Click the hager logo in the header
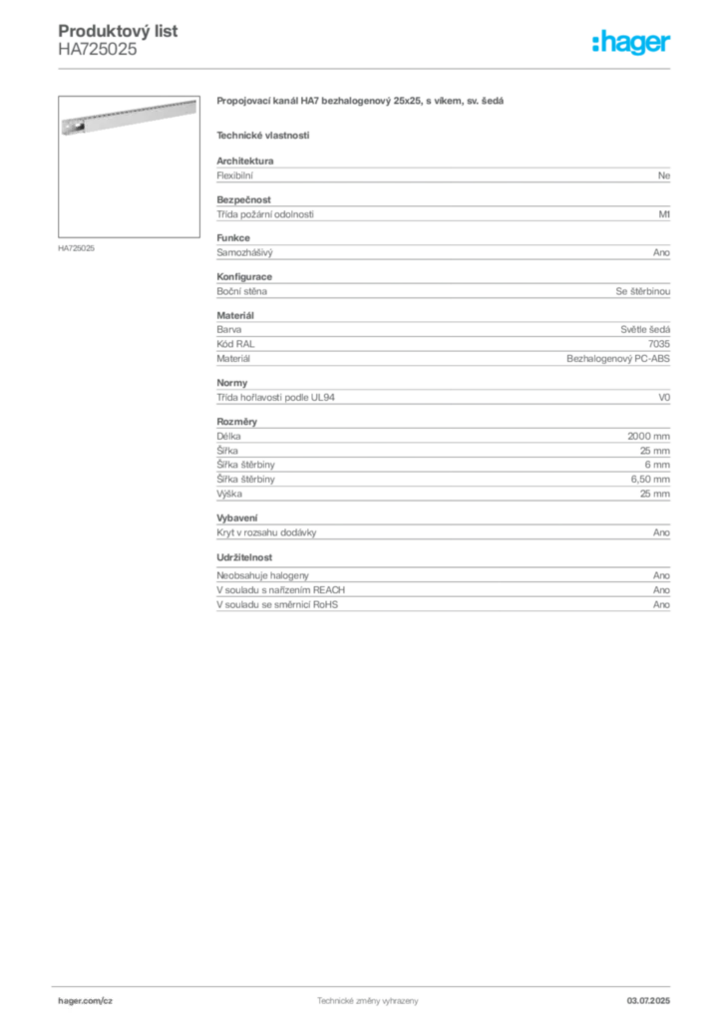coord(631,43)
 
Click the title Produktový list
coord(118,31)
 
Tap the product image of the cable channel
coord(129,118)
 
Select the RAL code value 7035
coord(659,344)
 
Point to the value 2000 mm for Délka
coord(648,437)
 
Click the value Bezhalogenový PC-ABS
coord(618,359)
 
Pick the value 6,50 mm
coord(650,480)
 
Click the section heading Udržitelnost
coord(244,557)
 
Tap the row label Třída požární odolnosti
coord(265,215)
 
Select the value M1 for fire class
coord(664,214)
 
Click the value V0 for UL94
coord(664,397)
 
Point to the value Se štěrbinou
coord(642,292)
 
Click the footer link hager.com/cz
coord(86,1001)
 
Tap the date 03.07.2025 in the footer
coord(648,1001)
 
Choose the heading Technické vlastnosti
coord(263,136)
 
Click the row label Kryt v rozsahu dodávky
coord(266,532)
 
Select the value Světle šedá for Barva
coord(645,329)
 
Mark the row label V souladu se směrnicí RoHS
coord(277,605)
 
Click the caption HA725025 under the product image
coord(76,248)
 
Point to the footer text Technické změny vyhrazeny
coord(367,1001)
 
